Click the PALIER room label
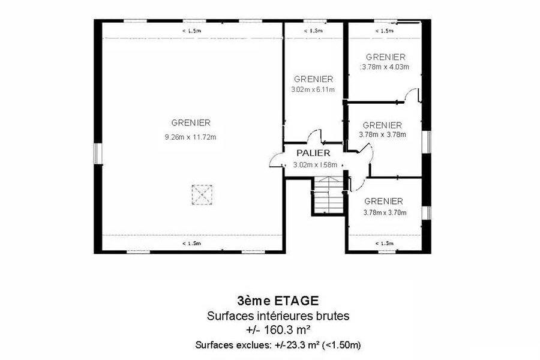tap(313, 153)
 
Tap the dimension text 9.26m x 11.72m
tap(190, 137)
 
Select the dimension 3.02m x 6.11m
tap(313, 89)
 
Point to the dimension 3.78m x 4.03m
tap(385, 67)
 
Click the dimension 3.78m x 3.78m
tap(382, 134)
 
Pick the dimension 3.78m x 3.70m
tap(385, 213)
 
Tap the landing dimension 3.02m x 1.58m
tap(315, 165)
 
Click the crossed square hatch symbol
tap(202, 194)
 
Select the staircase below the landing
tap(328, 196)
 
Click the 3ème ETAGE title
tap(278, 301)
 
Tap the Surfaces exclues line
tap(278, 345)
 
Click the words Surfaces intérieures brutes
tap(278, 316)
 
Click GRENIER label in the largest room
tap(191, 122)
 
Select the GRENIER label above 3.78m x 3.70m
tap(383, 201)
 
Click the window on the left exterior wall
tap(98, 154)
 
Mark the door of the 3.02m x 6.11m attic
tap(314, 136)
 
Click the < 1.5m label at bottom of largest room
tap(191, 244)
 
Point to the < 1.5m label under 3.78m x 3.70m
tap(384, 244)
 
